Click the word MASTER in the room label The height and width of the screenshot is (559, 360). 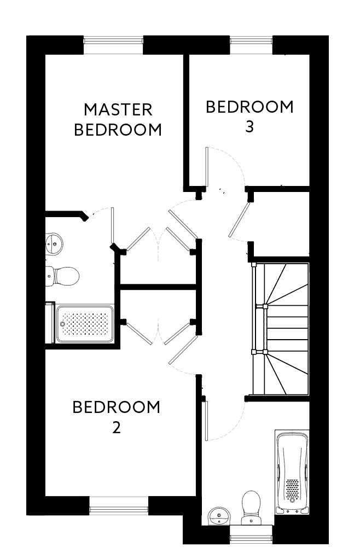(118, 109)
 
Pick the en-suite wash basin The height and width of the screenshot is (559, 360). (54, 243)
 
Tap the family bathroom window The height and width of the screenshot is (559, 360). (251, 537)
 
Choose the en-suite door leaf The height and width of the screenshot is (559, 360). (113, 227)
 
